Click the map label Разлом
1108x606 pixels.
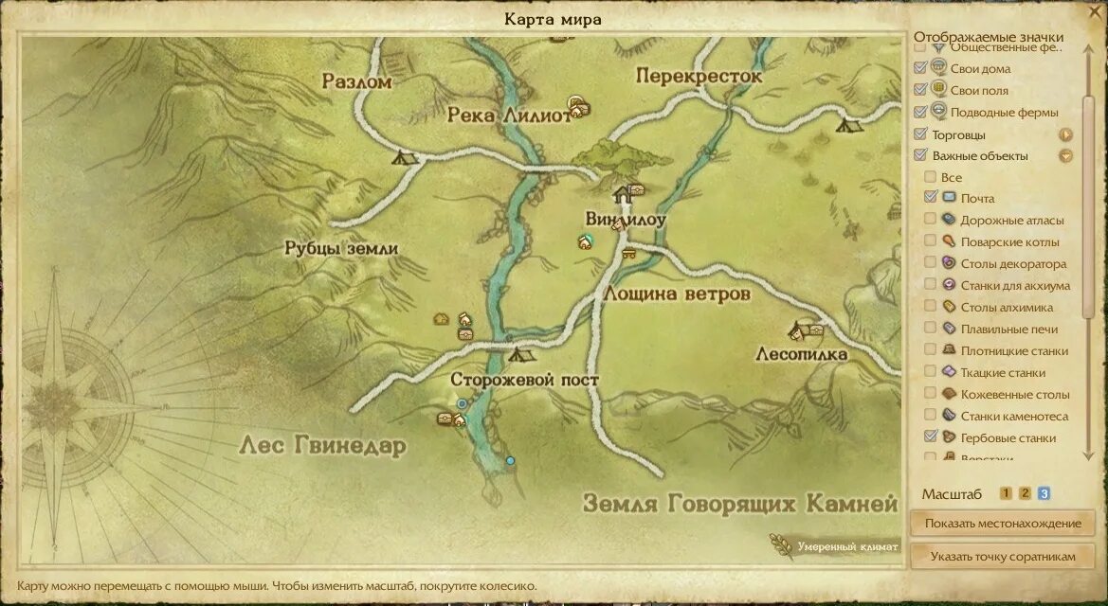pos(356,81)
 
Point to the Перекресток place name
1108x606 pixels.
pos(699,76)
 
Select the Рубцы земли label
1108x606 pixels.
pos(341,249)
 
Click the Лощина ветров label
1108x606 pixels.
pos(676,294)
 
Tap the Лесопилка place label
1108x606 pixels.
pos(801,354)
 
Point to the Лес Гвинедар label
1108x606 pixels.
pos(322,445)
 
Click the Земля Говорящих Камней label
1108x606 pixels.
pos(739,502)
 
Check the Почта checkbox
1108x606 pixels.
pos(931,198)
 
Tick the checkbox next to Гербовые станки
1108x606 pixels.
pos(931,437)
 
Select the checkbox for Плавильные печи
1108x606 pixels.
pos(931,329)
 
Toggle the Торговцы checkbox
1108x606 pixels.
pos(919,134)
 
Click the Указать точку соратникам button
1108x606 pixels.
pos(1002,557)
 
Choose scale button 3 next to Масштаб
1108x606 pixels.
pos(1044,493)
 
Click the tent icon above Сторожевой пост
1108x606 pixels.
pos(517,355)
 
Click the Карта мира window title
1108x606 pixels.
pos(553,19)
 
